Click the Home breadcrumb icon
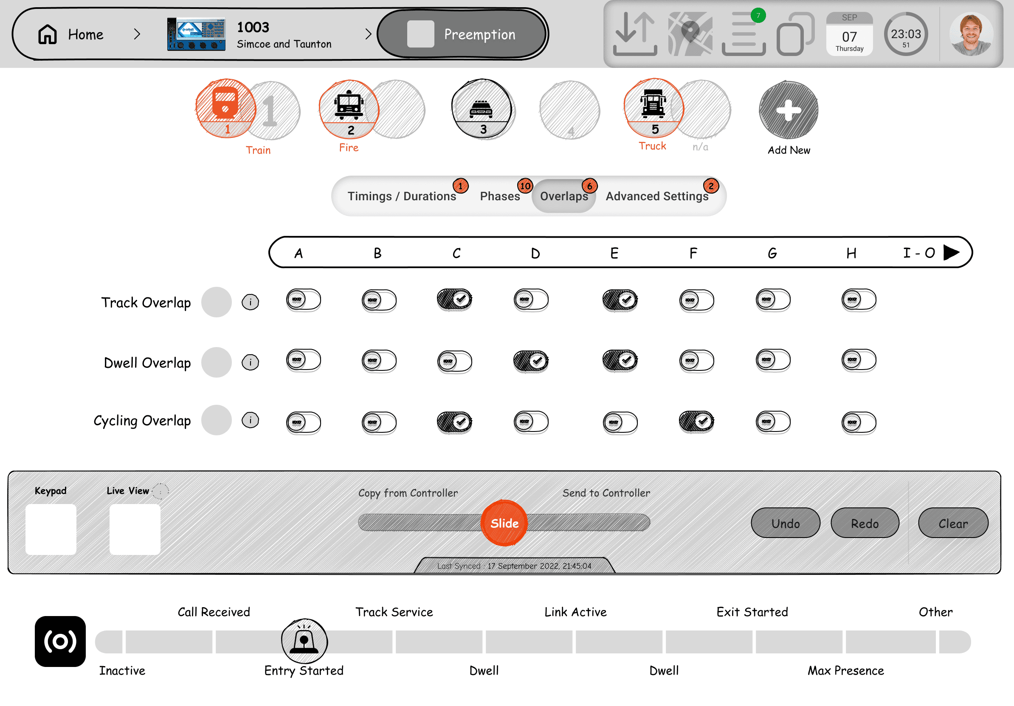point(47,34)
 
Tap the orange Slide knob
point(504,523)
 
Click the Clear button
point(953,523)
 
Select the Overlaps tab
point(564,196)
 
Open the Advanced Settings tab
point(657,196)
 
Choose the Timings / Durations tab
point(401,196)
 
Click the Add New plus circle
point(789,110)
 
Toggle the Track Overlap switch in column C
point(454,300)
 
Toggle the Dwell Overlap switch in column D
point(531,361)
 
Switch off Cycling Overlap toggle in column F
point(696,421)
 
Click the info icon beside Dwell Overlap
point(251,362)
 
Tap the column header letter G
point(772,253)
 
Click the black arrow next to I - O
point(951,253)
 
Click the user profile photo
point(971,34)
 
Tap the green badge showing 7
point(758,16)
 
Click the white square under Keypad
point(51,529)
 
